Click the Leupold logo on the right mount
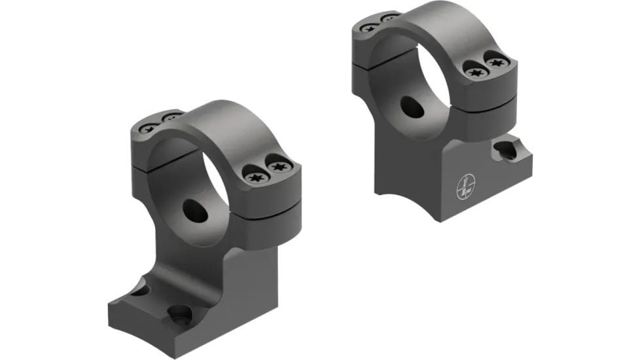[x=465, y=189]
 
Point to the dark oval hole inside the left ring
[x=194, y=211]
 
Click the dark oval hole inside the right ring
[x=412, y=107]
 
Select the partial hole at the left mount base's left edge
[x=138, y=289]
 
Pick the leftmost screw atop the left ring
[x=148, y=126]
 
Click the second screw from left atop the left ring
[x=171, y=118]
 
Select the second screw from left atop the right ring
[x=391, y=17]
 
